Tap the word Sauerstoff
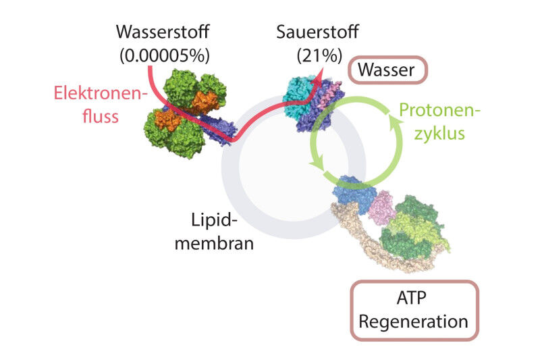(309, 32)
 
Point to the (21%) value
(309, 55)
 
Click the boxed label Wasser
(387, 70)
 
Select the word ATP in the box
(414, 297)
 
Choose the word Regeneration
(414, 320)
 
